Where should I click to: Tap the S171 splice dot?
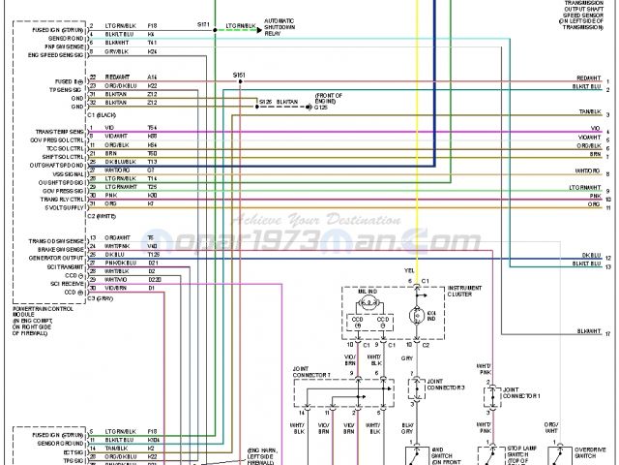pos(215,29)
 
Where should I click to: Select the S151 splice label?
pos(239,75)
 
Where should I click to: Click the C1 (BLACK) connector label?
pos(102,114)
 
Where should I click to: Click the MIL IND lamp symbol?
pos(368,301)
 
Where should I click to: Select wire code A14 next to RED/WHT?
pos(152,77)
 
